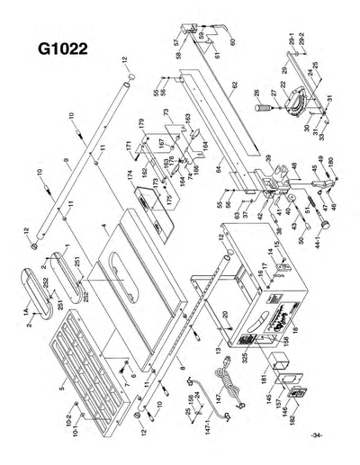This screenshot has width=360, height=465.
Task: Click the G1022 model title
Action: coord(62,48)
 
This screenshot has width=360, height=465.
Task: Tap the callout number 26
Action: coord(257,93)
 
